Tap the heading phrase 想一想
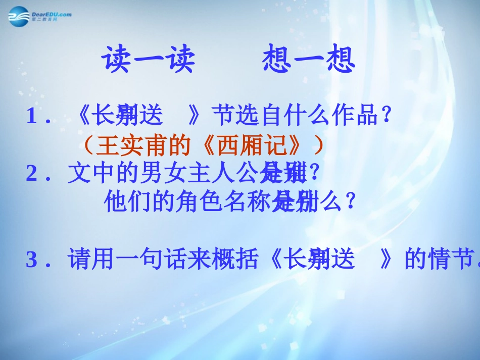(309, 60)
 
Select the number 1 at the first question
(32, 117)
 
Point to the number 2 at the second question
(32, 175)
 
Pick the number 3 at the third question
(32, 261)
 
